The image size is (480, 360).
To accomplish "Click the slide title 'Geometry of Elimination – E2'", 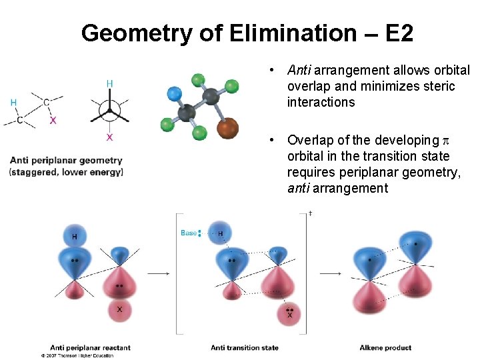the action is coord(247,33).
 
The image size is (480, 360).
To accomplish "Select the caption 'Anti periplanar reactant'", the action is coord(90,347).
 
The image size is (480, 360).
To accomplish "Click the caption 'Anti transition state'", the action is coord(245,347).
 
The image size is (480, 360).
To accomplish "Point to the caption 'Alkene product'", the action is coord(385,347).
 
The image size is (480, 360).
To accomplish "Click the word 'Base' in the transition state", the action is coord(189,233).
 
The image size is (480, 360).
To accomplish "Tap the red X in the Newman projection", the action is coord(110,137).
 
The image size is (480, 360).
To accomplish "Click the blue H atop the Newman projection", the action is coord(110,83).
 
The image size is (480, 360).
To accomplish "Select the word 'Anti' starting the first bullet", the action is coord(299,70).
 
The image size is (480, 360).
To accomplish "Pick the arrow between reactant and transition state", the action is coord(157,273).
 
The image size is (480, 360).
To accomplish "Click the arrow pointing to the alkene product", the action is coord(331,273).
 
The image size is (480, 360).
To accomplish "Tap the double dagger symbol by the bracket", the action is coord(311,214).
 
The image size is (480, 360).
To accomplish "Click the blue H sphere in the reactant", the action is coord(75,237).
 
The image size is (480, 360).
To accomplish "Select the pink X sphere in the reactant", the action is coord(120,310).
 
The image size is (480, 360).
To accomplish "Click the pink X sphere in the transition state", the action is coord(289,315).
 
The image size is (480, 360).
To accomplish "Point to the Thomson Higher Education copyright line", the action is coord(77,356).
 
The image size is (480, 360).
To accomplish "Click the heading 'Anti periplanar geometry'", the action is coord(66,160).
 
